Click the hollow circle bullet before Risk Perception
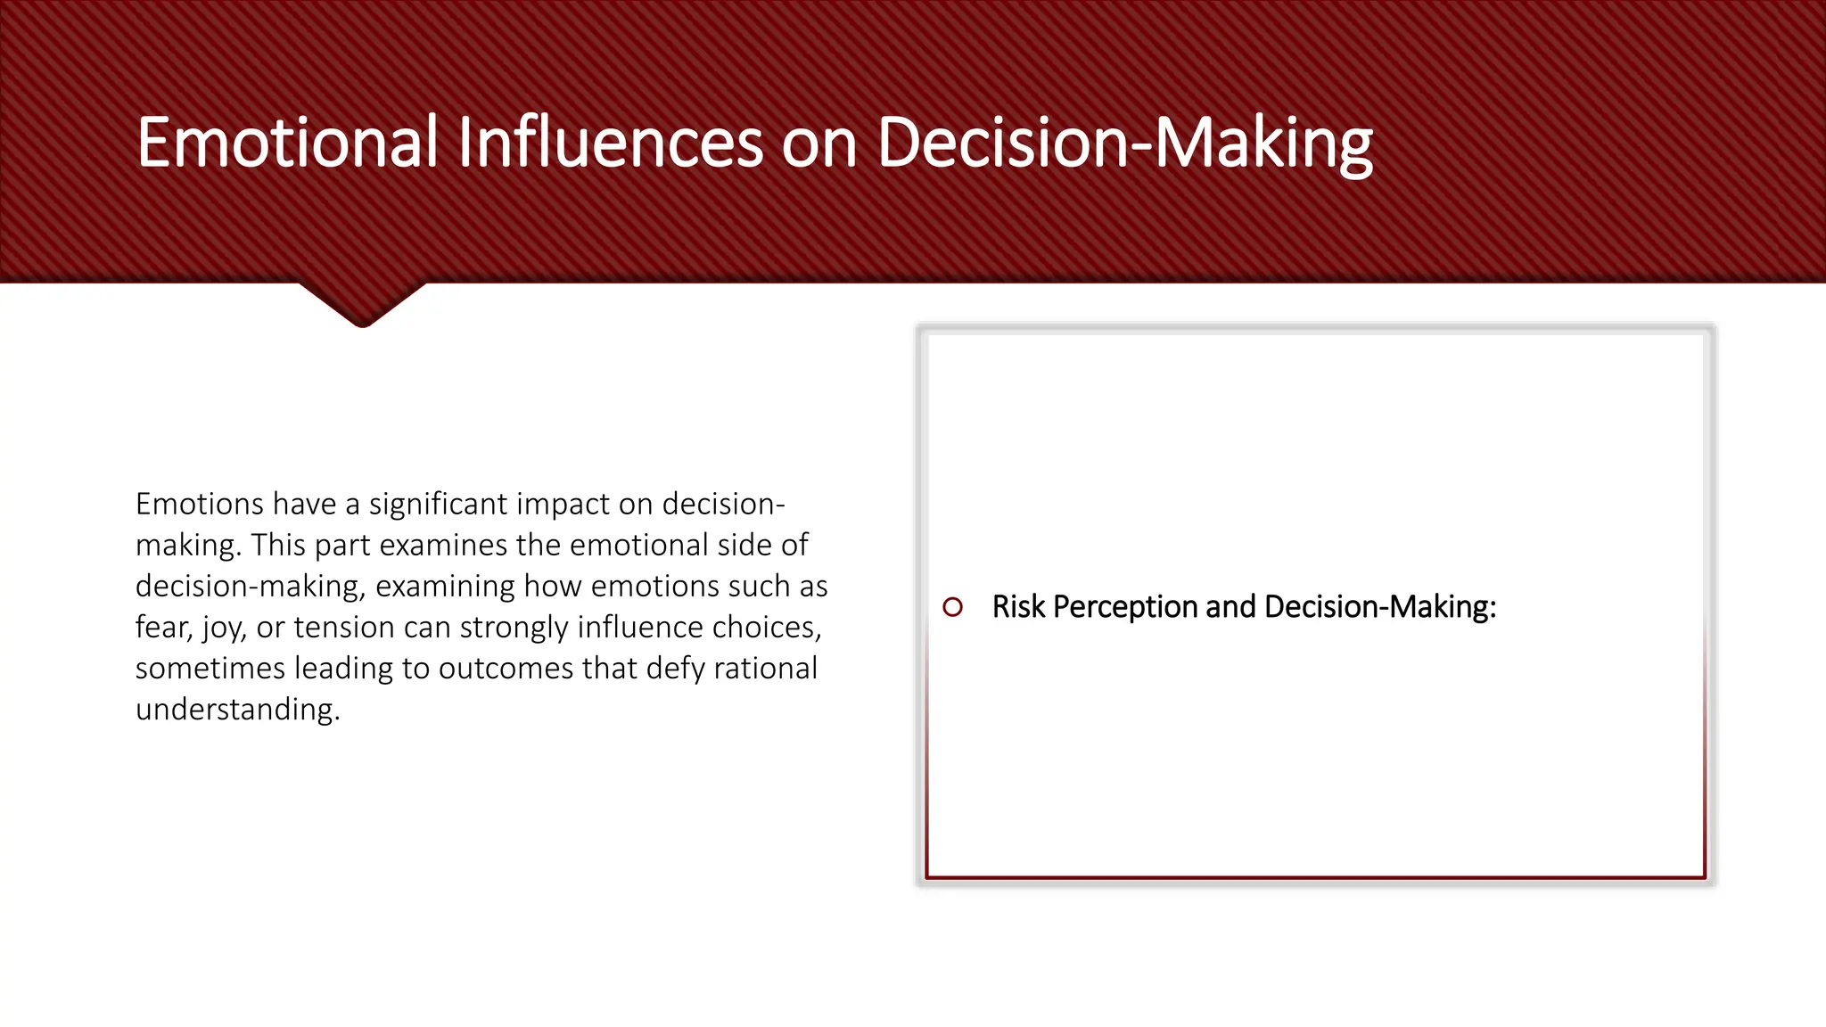(952, 607)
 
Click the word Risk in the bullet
(1017, 607)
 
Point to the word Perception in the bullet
(1125, 607)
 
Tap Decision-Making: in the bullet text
(1379, 607)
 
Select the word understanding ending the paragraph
(237, 710)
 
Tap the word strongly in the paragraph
(514, 628)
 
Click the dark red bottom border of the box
(1316, 877)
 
